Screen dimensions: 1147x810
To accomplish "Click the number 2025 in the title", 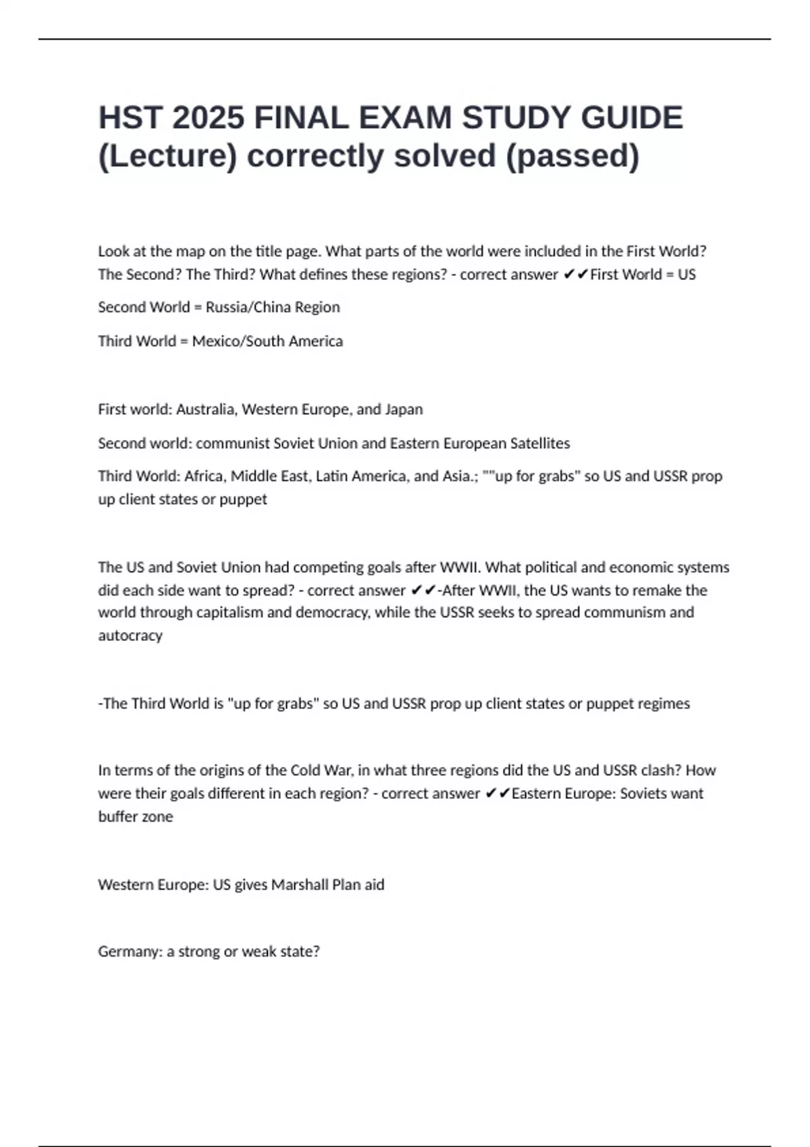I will click(x=208, y=118).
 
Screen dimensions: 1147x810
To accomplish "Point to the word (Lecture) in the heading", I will click(x=168, y=156).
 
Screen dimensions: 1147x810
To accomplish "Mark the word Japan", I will click(x=404, y=410).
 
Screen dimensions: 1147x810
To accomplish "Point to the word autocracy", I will click(x=130, y=636).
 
